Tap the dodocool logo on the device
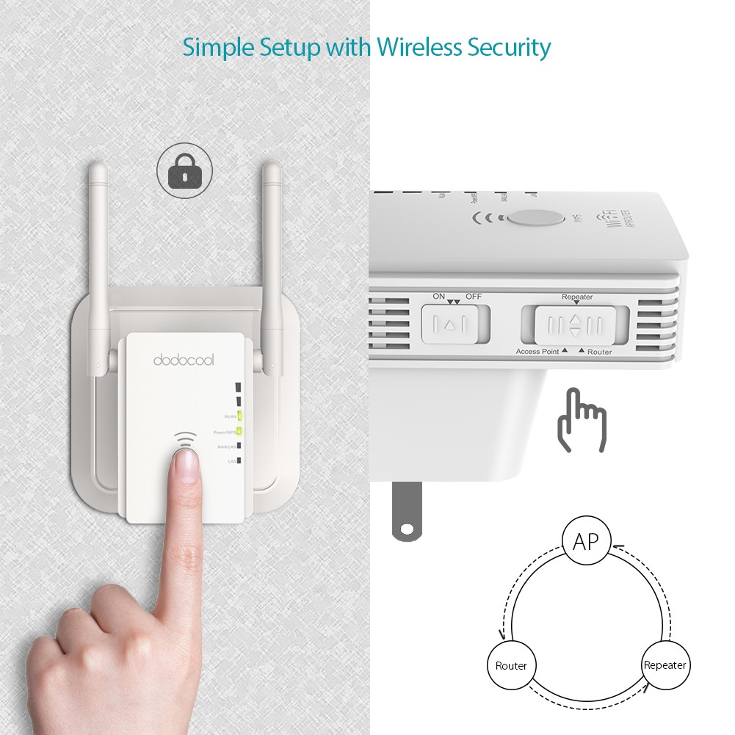click(184, 360)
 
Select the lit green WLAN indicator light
click(239, 416)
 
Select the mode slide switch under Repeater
click(575, 324)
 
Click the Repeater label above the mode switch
click(577, 297)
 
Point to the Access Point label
click(537, 352)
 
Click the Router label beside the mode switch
click(600, 352)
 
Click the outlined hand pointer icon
click(582, 420)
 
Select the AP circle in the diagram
click(586, 542)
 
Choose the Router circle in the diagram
click(511, 666)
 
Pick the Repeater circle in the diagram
click(665, 665)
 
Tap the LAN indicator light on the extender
click(239, 461)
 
